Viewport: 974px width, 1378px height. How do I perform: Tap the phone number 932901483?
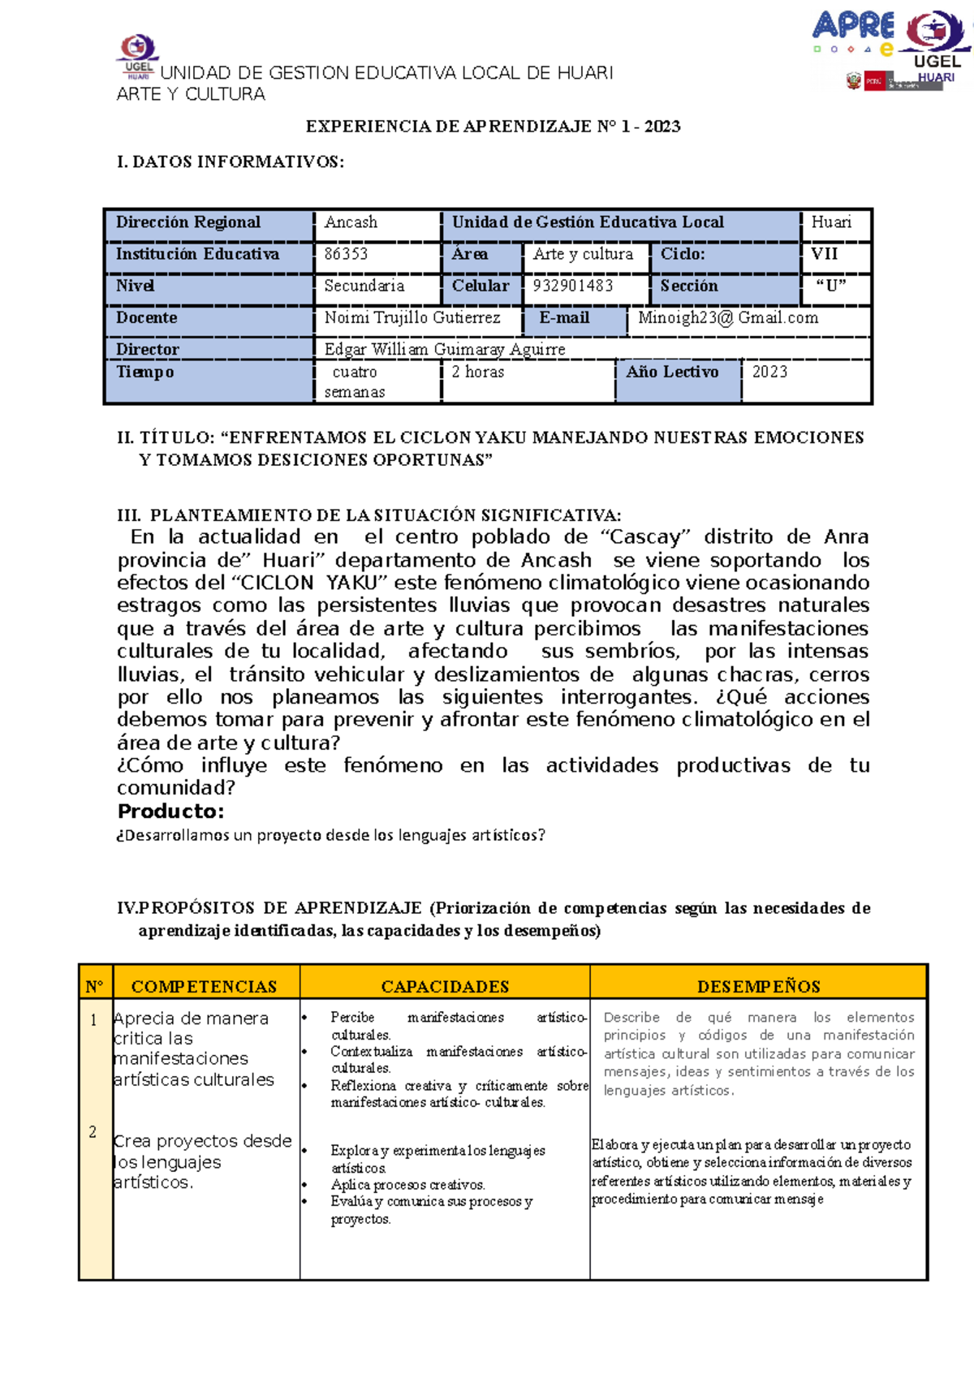573,286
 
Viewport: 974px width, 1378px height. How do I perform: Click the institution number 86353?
347,254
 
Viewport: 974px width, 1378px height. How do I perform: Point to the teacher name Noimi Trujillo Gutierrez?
412,318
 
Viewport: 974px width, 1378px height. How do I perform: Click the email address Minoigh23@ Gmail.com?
728,318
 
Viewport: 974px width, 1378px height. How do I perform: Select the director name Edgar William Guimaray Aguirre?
445,350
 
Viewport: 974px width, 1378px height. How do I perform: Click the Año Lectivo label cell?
672,372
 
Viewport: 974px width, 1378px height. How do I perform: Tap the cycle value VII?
824,254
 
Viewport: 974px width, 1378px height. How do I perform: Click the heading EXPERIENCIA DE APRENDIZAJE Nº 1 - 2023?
493,127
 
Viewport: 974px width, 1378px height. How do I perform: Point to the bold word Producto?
170,812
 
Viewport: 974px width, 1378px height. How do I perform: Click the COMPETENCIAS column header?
204,987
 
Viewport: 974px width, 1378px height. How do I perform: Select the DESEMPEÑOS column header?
758,987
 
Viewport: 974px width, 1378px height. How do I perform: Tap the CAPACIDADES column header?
445,987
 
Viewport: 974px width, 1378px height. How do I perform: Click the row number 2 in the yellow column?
93,1132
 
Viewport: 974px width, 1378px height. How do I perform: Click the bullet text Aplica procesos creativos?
407,1185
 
